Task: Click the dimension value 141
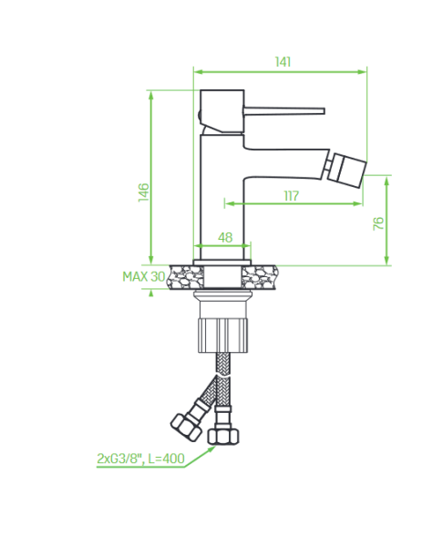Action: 283,62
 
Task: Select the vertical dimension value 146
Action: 143,191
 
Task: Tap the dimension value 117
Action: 292,196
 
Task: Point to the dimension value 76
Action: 378,223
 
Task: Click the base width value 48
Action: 225,237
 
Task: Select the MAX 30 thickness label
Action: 144,276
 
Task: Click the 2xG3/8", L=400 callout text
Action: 140,459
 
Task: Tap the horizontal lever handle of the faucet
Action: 284,110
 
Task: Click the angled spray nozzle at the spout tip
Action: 347,170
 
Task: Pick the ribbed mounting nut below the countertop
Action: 223,335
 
